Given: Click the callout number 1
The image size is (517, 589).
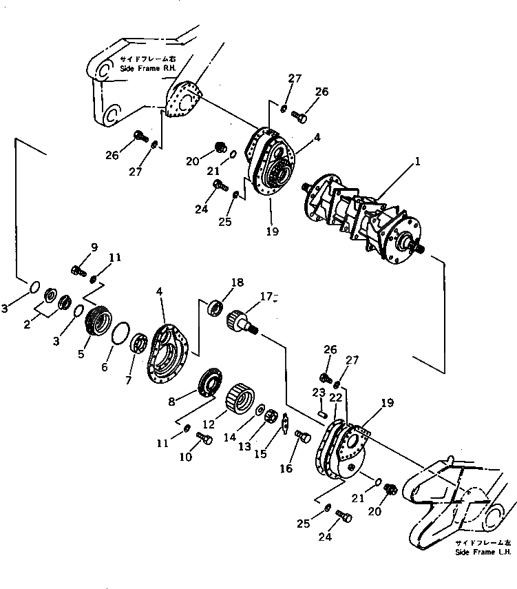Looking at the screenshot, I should (417, 164).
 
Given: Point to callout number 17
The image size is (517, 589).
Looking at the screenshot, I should (266, 298).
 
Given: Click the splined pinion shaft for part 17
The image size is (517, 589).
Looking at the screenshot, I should (243, 322).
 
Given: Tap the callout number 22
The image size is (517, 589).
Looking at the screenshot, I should (335, 398).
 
